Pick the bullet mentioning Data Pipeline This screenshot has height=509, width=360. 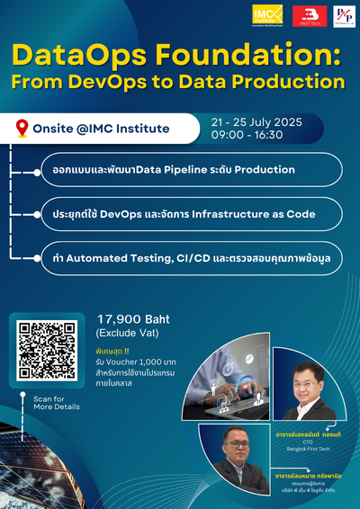179,170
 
